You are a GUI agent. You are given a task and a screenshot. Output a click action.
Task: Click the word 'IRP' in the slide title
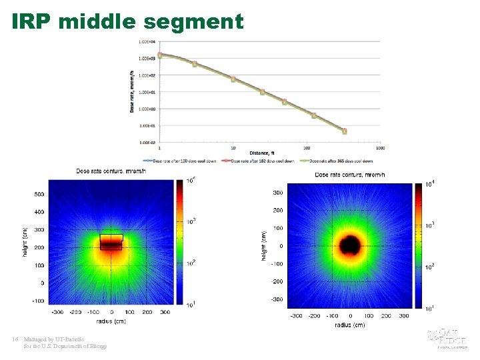tap(32, 21)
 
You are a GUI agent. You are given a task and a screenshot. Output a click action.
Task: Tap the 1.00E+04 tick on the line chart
tap(147, 41)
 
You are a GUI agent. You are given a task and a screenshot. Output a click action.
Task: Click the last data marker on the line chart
tap(344, 131)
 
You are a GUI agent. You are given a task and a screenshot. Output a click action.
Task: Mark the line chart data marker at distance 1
tap(159, 55)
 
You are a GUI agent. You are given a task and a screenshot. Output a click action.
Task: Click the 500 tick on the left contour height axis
tap(39, 195)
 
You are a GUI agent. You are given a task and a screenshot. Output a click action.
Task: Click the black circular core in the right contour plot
tap(350, 245)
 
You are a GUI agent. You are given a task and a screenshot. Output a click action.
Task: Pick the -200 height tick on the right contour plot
tap(275, 281)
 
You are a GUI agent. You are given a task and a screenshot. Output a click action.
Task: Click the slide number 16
tap(15, 339)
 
